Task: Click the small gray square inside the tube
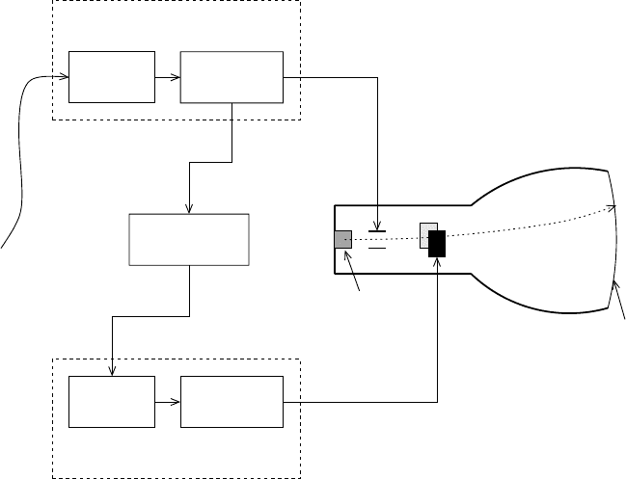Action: [342, 240]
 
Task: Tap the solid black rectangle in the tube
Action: [437, 244]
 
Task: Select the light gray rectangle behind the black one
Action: [425, 235]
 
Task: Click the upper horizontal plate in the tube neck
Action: [377, 231]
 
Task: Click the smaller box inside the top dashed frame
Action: [111, 76]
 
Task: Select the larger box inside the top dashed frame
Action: [231, 76]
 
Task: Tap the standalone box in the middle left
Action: [189, 240]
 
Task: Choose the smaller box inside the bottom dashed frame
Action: [111, 403]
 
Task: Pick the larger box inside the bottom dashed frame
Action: [231, 403]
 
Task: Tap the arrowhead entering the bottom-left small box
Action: [114, 373]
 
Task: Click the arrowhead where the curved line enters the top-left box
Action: [65, 76]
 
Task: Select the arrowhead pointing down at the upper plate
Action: [377, 223]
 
